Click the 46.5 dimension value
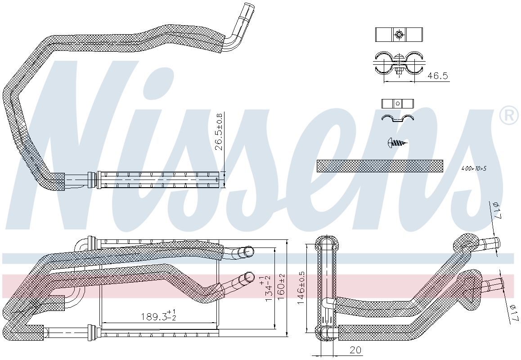[x=437, y=76]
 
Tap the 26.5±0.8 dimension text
[x=219, y=132]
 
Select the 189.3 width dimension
[x=158, y=316]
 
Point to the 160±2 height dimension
[x=282, y=287]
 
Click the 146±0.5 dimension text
[x=301, y=288]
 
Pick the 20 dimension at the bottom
[x=355, y=350]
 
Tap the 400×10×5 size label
[x=474, y=169]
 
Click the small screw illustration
[x=397, y=143]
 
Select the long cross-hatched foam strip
[x=379, y=166]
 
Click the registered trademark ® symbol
[x=509, y=115]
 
